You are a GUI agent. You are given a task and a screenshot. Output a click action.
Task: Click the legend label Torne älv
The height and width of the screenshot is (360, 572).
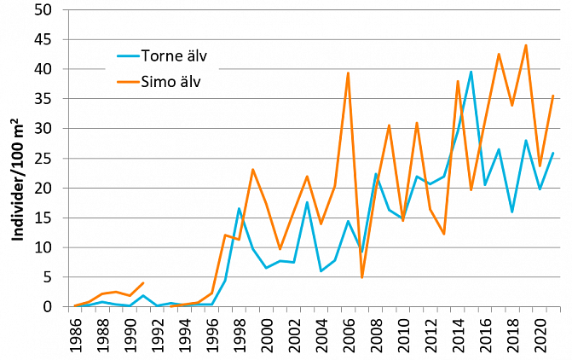[x=174, y=58]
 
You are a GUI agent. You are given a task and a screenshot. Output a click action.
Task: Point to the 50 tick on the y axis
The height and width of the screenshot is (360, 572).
[x=43, y=10]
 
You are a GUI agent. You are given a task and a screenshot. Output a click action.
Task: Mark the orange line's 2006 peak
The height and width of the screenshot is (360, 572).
[x=349, y=73]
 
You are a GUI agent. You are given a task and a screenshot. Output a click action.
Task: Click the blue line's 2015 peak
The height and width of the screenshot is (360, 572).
[x=471, y=72]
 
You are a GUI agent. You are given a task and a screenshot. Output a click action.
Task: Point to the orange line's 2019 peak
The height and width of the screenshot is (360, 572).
[x=526, y=45]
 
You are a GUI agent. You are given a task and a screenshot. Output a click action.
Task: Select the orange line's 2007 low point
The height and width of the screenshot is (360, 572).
[x=362, y=277]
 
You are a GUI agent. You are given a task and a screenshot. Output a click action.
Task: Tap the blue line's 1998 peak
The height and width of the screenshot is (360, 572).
[x=240, y=208]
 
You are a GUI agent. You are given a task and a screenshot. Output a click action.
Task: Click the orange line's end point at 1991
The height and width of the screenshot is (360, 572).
[x=143, y=282]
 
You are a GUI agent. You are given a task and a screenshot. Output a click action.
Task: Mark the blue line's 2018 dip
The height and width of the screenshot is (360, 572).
[x=512, y=212]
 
